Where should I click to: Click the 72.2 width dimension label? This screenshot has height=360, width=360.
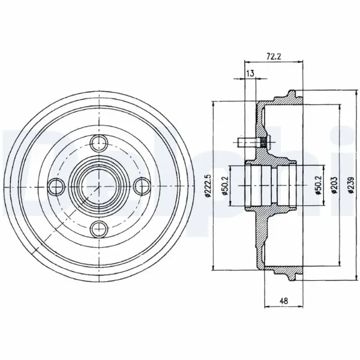[274, 56]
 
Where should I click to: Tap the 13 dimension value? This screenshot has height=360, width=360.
[250, 73]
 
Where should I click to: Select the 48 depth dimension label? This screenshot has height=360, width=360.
[284, 301]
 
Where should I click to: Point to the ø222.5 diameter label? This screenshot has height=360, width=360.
[208, 185]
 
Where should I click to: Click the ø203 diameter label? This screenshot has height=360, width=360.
[334, 185]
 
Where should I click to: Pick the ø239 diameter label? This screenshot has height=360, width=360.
[351, 185]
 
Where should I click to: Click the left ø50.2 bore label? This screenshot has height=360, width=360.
[224, 185]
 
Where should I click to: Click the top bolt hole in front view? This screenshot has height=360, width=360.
[99, 143]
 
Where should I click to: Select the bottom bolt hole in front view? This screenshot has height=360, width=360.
[99, 229]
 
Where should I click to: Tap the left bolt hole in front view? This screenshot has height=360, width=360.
[56, 186]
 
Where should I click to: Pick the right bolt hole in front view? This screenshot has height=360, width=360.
[142, 186]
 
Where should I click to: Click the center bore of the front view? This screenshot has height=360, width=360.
[99, 186]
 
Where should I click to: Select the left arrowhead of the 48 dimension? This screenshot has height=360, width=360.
[267, 307]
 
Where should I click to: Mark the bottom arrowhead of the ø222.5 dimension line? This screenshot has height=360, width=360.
[214, 268]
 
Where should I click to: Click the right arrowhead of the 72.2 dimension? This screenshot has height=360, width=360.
[301, 62]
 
